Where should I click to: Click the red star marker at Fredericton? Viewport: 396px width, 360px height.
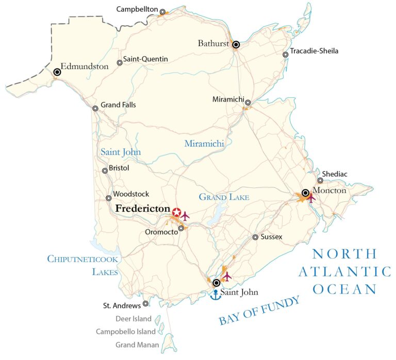176,212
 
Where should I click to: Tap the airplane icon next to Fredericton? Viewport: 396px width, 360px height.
186,215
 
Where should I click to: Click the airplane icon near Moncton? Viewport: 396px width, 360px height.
311,197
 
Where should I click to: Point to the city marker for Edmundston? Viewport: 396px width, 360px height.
57,73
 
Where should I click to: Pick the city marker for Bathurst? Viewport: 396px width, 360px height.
236,45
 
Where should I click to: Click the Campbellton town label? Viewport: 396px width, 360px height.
137,9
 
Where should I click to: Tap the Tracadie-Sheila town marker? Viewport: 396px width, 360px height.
285,55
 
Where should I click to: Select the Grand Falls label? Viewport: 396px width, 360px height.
118,105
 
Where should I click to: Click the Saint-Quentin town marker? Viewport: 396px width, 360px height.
120,63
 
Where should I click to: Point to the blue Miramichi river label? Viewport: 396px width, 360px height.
204,144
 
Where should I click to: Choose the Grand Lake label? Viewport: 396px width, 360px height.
224,197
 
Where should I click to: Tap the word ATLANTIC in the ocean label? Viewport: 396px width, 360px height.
345,271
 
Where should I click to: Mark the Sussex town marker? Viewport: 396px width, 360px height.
255,237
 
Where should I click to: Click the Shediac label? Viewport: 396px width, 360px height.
335,174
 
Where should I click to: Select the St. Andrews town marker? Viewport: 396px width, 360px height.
145,304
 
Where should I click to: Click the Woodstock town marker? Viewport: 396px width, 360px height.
109,198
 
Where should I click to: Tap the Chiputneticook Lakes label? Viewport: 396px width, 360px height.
83,265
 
